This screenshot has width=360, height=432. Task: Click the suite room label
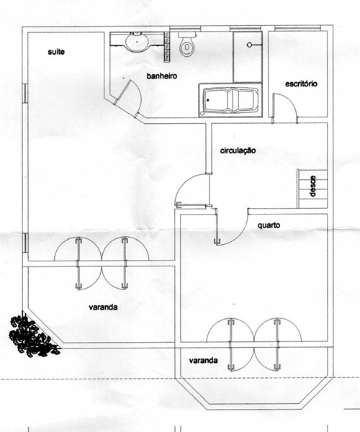(x=56, y=52)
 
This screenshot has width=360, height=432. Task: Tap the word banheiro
(x=162, y=76)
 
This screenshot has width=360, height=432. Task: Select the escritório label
(x=301, y=84)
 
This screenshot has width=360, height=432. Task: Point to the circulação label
(x=238, y=150)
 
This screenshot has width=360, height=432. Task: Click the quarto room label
(x=269, y=225)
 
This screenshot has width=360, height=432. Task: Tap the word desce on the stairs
(x=312, y=186)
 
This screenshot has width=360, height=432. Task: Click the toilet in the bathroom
(x=186, y=45)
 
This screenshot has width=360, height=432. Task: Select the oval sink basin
(x=137, y=42)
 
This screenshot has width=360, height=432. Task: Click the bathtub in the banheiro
(x=230, y=101)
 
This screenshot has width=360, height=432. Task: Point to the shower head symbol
(x=250, y=45)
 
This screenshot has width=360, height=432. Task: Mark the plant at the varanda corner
(x=34, y=336)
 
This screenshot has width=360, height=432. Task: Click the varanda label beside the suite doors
(x=103, y=307)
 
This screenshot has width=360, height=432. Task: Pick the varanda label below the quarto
(x=204, y=361)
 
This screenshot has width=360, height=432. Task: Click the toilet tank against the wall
(x=187, y=35)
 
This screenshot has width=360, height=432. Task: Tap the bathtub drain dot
(x=207, y=100)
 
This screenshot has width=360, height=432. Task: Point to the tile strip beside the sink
(x=166, y=47)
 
